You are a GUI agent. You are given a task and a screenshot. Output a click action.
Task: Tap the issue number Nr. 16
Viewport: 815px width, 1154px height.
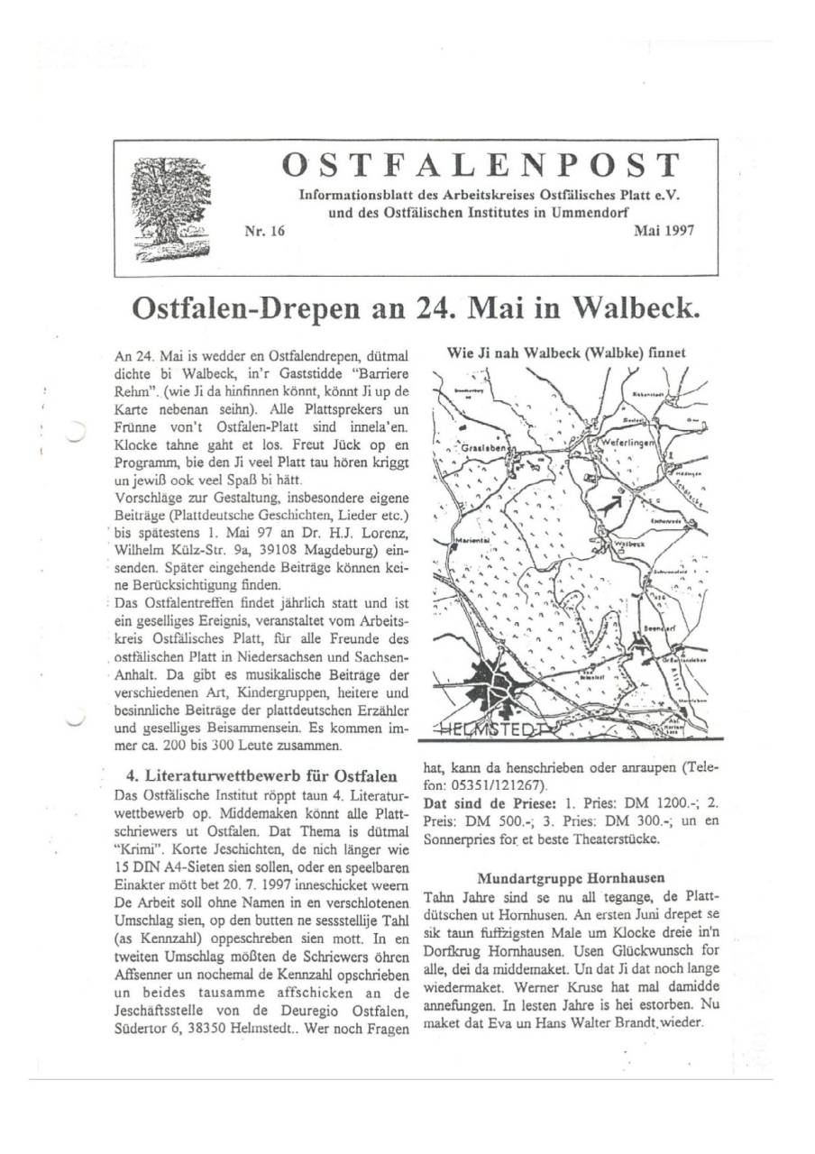[264, 232]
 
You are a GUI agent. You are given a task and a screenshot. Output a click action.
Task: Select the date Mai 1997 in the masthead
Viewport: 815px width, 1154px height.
[664, 232]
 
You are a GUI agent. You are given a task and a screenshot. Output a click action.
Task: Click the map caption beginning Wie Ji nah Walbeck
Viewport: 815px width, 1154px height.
[566, 353]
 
